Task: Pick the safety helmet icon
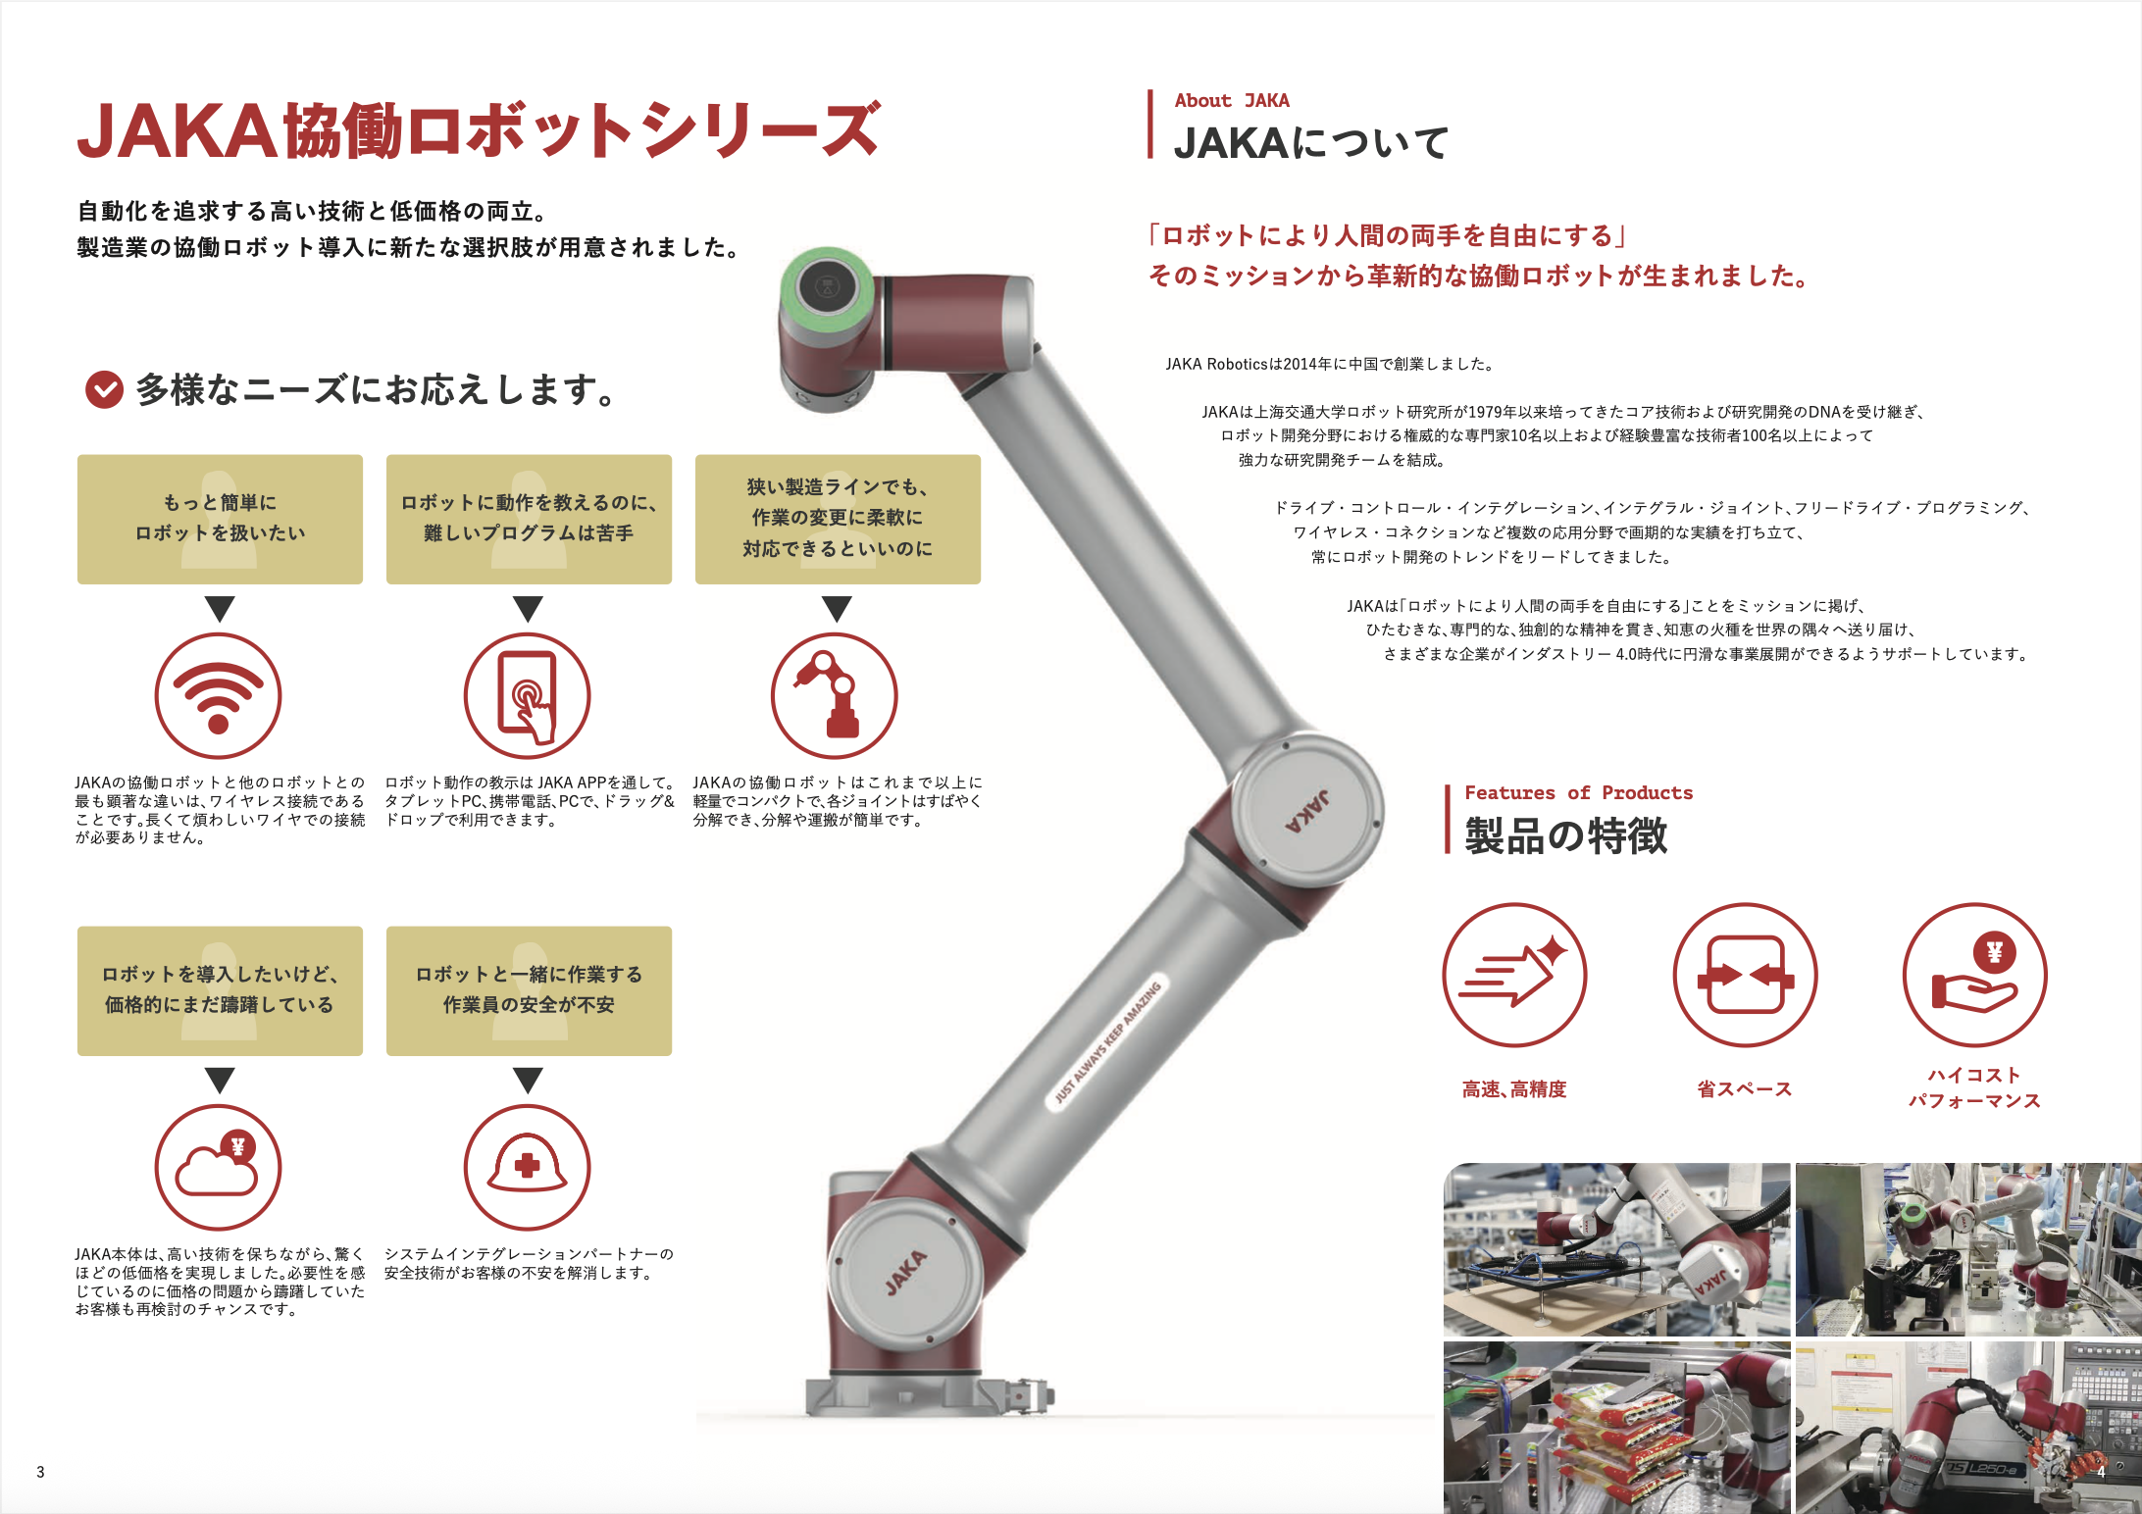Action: pyautogui.click(x=527, y=1167)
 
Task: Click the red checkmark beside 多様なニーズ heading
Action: pyautogui.click(x=105, y=389)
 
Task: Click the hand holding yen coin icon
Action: pyautogui.click(x=1975, y=975)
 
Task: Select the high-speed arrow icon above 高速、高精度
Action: pyautogui.click(x=1514, y=975)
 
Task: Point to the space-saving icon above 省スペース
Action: pyautogui.click(x=1745, y=975)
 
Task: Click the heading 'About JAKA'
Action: pyautogui.click(x=1232, y=100)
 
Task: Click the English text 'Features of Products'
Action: pyautogui.click(x=1578, y=792)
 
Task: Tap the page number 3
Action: pyautogui.click(x=40, y=1472)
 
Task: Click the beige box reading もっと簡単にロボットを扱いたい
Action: pyautogui.click(x=220, y=519)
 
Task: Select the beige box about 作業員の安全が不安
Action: pyautogui.click(x=529, y=990)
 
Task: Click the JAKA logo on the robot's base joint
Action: pyautogui.click(x=906, y=1272)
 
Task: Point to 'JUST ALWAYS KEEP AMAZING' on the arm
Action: pyautogui.click(x=1107, y=1042)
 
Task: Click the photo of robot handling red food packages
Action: pyautogui.click(x=1616, y=1428)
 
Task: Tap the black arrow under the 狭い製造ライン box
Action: pyautogui.click(x=837, y=609)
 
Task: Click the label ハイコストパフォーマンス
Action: pyautogui.click(x=1974, y=1087)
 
